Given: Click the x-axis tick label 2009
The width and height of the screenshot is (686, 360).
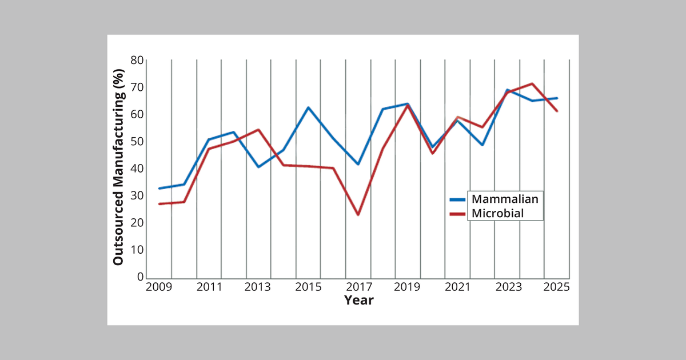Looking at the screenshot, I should (159, 287).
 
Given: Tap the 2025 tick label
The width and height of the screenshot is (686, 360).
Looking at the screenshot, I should (556, 287).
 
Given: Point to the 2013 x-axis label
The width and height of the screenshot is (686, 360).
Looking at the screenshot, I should (258, 287).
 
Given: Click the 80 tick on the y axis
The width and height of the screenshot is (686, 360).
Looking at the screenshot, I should (137, 61).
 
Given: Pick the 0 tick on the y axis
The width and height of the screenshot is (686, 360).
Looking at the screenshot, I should (140, 277).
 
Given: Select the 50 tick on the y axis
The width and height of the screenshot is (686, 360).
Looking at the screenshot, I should (137, 142).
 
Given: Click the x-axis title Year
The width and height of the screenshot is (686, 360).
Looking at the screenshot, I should (358, 300).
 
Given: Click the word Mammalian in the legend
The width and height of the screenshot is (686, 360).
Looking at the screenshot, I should (505, 199).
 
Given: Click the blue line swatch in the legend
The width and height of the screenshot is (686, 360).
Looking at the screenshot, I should (458, 199).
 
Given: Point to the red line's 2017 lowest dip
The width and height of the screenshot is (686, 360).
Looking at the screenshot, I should (358, 215).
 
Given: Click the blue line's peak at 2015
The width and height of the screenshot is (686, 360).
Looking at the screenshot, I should (308, 107).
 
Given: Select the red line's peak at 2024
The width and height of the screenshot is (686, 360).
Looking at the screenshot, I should (532, 84).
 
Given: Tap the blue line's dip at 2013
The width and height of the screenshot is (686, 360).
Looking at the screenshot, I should (258, 167).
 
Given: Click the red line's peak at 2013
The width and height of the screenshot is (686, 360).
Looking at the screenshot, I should (258, 130).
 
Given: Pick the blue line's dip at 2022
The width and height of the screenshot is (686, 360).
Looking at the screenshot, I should (482, 145).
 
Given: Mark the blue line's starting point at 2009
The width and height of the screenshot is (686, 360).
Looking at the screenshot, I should (159, 189).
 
